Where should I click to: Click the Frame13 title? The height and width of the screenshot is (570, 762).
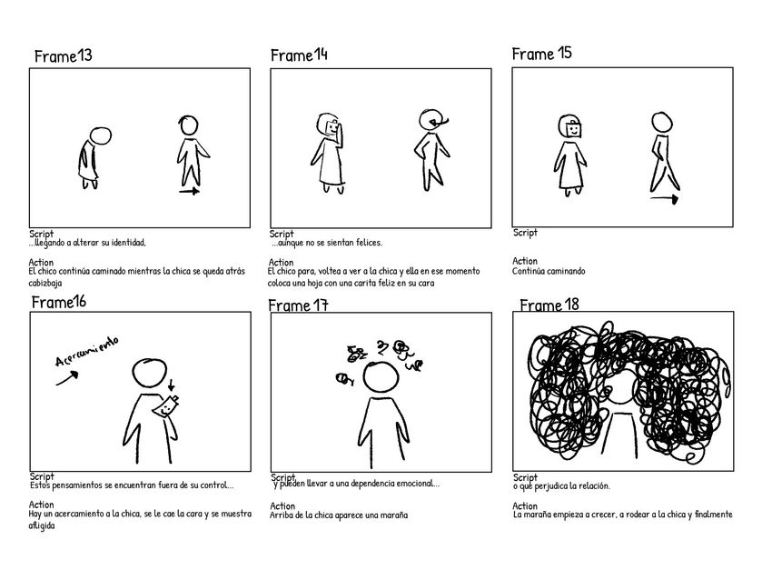pyautogui.click(x=63, y=57)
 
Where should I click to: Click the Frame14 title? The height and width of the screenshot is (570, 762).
pyautogui.click(x=299, y=56)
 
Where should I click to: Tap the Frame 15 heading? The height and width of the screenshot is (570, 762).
pyautogui.click(x=541, y=54)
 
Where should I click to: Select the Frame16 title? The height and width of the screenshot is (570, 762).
pyautogui.click(x=59, y=302)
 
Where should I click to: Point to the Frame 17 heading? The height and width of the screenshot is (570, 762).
pyautogui.click(x=298, y=305)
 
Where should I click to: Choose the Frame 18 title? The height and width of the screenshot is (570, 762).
pyautogui.click(x=549, y=304)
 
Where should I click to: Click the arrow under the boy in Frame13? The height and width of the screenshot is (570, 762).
pyautogui.click(x=189, y=193)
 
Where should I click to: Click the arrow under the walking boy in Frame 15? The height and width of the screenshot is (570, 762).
pyautogui.click(x=665, y=198)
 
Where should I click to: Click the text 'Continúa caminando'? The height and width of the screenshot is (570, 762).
pyautogui.click(x=549, y=271)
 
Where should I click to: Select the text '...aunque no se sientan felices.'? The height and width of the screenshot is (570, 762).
pyautogui.click(x=327, y=243)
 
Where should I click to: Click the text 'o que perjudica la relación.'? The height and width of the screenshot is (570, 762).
pyautogui.click(x=561, y=486)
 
